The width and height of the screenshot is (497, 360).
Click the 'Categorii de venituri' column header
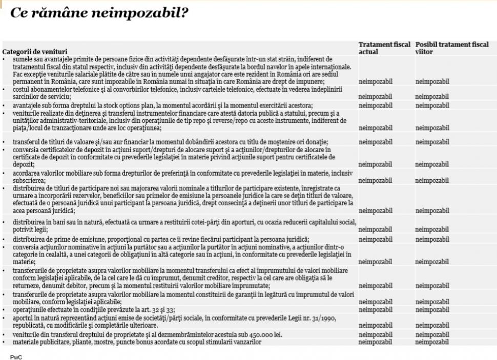(x=34, y=52)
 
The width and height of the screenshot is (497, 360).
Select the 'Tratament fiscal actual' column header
(x=384, y=48)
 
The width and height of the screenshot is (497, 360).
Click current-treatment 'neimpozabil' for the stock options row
(x=375, y=105)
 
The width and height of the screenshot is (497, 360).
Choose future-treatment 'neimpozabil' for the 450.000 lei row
(x=432, y=335)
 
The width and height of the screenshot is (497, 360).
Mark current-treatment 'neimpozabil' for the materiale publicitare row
(x=375, y=342)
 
